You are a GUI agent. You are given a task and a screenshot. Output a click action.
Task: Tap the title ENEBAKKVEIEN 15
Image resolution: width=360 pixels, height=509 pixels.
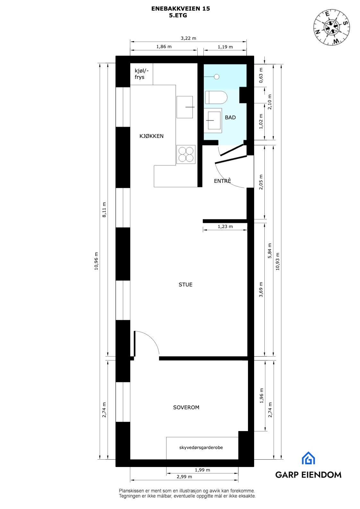coord(181,9)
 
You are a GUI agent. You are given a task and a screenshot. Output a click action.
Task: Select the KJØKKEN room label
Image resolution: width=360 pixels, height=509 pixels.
coord(151,136)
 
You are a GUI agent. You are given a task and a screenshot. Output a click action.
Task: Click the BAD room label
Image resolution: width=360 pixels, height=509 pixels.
coord(230,117)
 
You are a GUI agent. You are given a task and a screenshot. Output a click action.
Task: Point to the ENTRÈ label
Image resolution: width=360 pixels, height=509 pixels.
coord(222,181)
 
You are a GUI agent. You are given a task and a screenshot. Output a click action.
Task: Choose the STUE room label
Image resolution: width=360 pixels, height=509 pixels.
coord(185,284)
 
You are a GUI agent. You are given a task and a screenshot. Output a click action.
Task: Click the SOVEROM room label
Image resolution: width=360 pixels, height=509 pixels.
coord(186,407)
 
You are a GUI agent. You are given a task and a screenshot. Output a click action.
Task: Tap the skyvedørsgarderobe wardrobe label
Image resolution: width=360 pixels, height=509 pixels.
coord(201,447)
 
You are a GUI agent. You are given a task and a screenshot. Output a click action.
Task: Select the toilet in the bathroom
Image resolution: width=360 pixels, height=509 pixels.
coord(216,97)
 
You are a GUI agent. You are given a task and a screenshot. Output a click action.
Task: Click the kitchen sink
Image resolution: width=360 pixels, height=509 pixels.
coord(185,107)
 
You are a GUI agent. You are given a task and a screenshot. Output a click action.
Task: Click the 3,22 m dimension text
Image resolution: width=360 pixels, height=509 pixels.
coord(188,38)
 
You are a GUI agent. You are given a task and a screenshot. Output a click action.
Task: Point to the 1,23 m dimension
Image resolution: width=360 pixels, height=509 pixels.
coord(225,226)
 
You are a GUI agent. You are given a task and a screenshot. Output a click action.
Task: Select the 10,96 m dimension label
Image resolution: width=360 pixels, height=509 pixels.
coord(96,261)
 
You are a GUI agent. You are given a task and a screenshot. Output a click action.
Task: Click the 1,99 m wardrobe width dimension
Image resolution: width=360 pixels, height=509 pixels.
coord(202,470)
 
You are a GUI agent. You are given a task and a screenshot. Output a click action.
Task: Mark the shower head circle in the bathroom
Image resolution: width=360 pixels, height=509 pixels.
coord(217,76)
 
